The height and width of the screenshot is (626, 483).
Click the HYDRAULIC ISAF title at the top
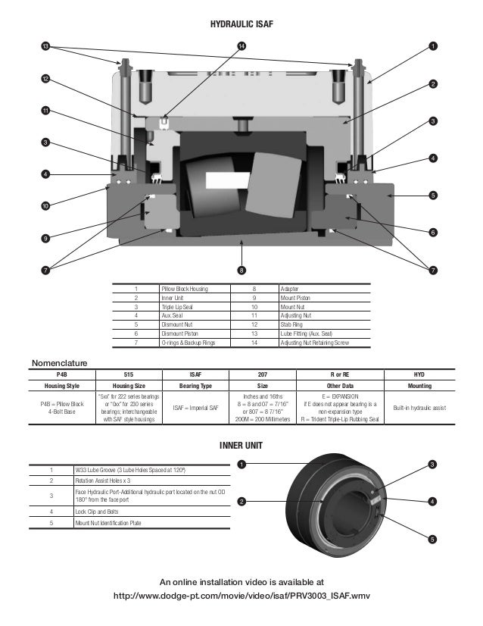[241, 26]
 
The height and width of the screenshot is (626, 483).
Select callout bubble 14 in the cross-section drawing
[241, 47]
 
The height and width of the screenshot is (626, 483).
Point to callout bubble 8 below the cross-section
[241, 270]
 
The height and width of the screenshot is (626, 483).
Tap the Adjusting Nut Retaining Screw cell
[314, 343]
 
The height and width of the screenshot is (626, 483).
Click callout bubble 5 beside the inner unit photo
[432, 539]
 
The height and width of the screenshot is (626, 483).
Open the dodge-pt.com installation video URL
[241, 596]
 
